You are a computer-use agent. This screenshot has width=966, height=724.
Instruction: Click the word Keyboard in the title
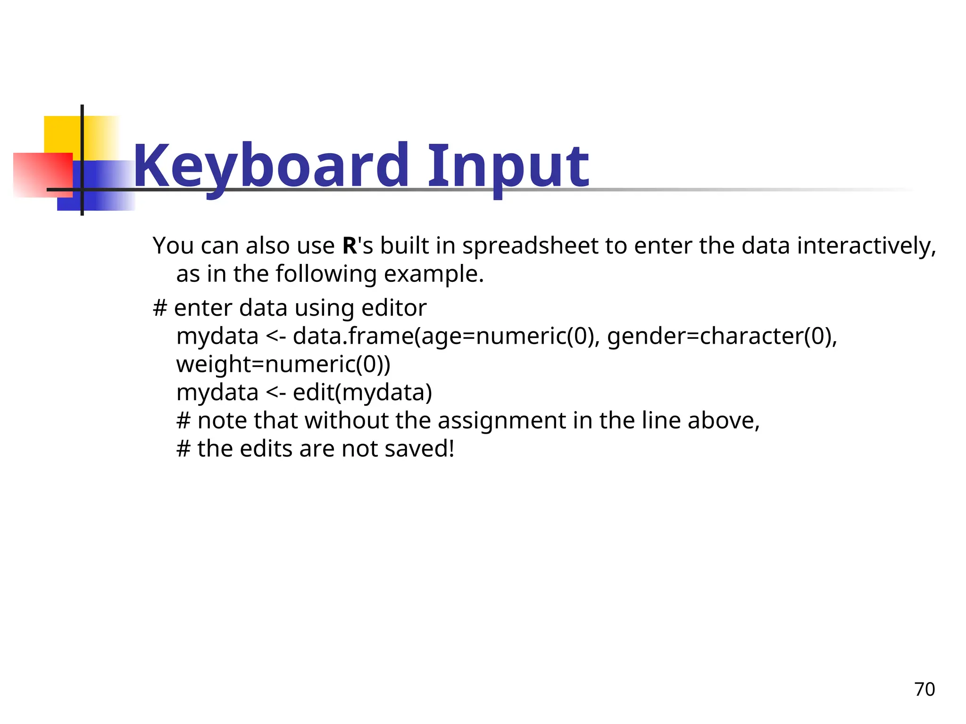point(271,166)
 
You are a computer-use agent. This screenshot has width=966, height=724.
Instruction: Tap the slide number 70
point(924,689)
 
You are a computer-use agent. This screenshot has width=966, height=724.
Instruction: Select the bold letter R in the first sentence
point(350,246)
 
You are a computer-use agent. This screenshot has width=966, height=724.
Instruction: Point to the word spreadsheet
point(530,247)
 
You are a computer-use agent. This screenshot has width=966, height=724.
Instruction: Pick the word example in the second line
point(433,274)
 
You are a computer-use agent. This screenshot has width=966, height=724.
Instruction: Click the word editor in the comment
point(394,308)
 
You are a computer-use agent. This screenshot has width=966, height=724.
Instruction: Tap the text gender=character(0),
point(722,337)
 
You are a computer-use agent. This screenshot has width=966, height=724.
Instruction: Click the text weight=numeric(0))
point(283,364)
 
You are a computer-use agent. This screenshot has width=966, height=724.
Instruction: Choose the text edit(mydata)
point(362,393)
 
